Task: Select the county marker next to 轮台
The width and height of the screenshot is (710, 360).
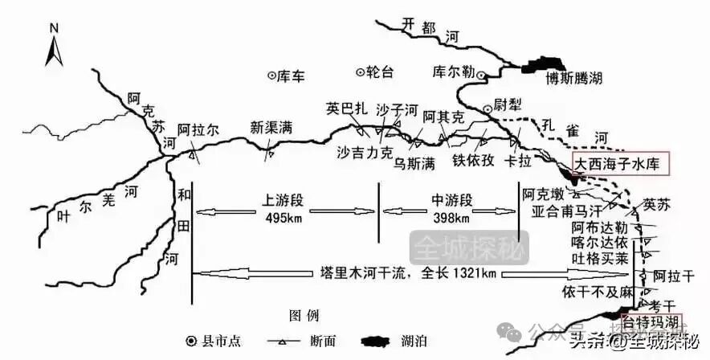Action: click(x=359, y=72)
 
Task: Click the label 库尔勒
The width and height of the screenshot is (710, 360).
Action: click(x=451, y=71)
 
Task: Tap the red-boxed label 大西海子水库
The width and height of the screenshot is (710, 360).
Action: click(x=616, y=163)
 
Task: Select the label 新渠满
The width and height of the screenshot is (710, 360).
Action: click(x=271, y=127)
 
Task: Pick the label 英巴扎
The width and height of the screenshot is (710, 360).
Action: click(x=346, y=108)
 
